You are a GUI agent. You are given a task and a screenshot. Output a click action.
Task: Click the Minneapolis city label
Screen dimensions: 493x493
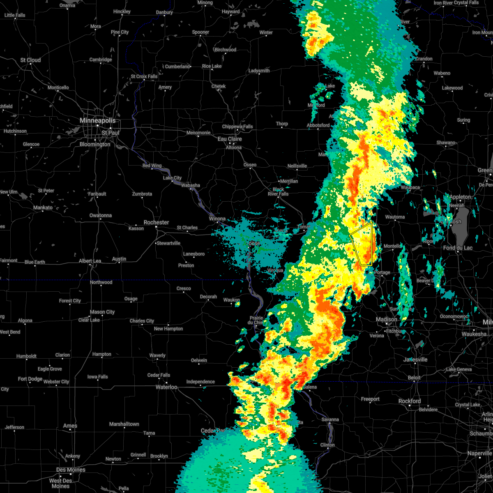tap(97, 121)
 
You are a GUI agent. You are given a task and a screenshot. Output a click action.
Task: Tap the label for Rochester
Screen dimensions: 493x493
tap(156, 222)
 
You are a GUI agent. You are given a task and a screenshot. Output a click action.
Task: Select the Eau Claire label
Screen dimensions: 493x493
tap(230, 139)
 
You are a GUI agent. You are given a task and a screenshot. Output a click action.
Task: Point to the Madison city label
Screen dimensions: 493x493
tap(387, 319)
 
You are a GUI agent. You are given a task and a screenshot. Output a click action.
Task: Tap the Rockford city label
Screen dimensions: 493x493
tap(410, 401)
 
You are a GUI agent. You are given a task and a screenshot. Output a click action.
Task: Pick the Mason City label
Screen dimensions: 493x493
tap(102, 312)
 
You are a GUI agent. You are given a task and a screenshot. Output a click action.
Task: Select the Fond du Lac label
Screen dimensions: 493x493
tap(458, 248)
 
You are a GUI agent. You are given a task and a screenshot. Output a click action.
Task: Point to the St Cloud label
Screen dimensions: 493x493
tap(31, 60)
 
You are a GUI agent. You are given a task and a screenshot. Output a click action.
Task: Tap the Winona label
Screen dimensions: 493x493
tap(217, 219)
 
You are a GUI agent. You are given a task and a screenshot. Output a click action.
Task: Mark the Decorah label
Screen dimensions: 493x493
tap(208, 297)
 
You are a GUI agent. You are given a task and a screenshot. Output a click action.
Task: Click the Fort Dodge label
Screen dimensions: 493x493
tap(30, 379)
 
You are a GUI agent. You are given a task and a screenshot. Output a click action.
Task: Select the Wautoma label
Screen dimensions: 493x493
tap(395, 217)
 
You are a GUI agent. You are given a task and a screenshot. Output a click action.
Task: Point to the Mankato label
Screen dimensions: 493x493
tap(43, 207)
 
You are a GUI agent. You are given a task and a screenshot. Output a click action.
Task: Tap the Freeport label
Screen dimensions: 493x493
tap(370, 399)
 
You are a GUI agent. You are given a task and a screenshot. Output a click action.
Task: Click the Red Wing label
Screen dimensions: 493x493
tap(152, 166)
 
